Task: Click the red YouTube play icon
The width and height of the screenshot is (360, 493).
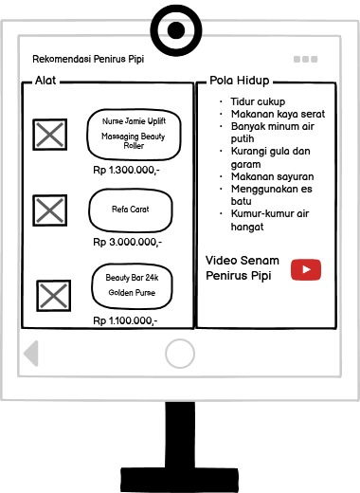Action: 306,269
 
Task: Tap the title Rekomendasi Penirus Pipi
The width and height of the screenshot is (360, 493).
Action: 88,59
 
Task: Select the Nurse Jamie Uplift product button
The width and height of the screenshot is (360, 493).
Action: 133,136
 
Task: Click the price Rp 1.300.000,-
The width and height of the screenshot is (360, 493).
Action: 127,171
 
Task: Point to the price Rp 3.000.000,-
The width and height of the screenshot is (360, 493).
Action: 127,243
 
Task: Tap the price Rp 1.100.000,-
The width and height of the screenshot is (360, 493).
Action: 126,320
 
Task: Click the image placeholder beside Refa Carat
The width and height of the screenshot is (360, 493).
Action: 49,209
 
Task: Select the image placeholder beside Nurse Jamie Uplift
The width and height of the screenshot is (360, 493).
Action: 49,135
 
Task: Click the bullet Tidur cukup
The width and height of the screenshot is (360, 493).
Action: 258,101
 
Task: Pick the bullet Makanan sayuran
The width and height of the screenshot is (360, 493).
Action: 272,176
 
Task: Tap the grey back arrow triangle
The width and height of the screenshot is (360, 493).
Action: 31,353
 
